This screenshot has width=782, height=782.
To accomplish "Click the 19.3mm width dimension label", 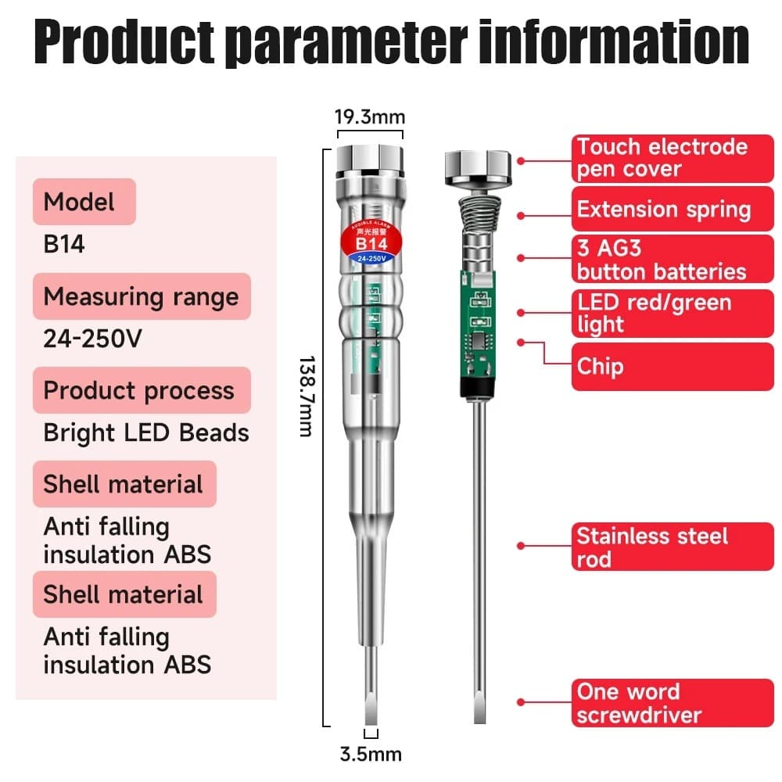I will pyautogui.click(x=370, y=117).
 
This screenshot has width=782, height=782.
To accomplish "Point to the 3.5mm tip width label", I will pyautogui.click(x=371, y=754).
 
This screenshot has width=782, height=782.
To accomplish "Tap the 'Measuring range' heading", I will pyautogui.click(x=142, y=296).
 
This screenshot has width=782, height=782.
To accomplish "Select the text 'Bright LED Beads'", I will pyautogui.click(x=146, y=432).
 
